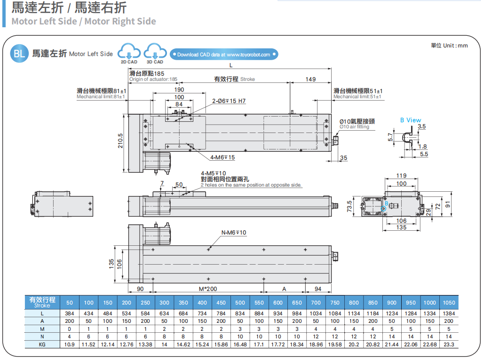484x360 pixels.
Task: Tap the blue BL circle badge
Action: pyautogui.click(x=19, y=54)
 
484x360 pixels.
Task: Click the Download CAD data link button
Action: pyautogui.click(x=224, y=55)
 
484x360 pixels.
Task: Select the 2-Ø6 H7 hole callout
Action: pyautogui.click(x=229, y=101)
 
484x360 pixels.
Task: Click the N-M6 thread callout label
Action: pyautogui.click(x=234, y=233)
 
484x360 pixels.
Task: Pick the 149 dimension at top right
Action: pyautogui.click(x=310, y=79)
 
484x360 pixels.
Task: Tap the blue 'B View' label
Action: pyautogui.click(x=411, y=120)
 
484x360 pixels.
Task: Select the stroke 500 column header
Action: pyautogui.click(x=240, y=303)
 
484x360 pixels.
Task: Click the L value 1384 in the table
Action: pyautogui.click(x=449, y=313)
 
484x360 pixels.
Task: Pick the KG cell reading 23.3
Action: pyautogui.click(x=449, y=344)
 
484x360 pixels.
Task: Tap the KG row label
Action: pyautogui.click(x=42, y=344)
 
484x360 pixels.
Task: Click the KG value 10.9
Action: pyautogui.click(x=70, y=344)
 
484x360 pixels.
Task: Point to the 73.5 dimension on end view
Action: pyautogui.click(x=349, y=206)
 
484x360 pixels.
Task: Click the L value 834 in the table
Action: pyautogui.click(x=240, y=313)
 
